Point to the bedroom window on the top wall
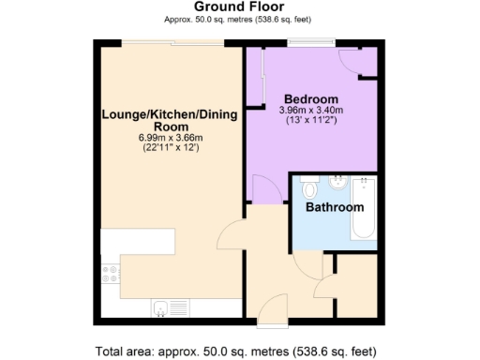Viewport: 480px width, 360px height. point(311,42)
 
